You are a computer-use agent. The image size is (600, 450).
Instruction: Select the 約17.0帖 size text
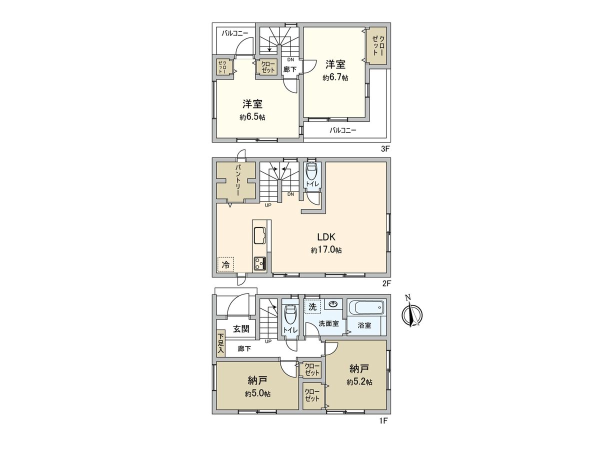[x=326, y=250]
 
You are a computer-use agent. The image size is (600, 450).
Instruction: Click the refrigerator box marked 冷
[x=225, y=264]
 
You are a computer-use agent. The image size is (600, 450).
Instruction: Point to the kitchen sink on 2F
[x=260, y=234]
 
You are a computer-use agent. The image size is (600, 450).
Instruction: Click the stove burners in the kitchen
[x=260, y=263]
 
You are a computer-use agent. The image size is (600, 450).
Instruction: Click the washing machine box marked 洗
[x=312, y=306]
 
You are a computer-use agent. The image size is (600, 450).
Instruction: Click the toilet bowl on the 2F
[x=310, y=172]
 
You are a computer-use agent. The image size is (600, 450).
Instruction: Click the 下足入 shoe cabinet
[x=220, y=344]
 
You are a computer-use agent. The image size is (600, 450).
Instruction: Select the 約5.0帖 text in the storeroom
[x=258, y=394]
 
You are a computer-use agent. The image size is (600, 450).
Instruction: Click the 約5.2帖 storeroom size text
[x=359, y=382]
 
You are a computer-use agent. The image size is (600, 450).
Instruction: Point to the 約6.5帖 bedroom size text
[x=252, y=117]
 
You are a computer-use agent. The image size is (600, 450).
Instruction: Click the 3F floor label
[x=384, y=148]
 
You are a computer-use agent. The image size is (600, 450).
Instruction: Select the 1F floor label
[x=382, y=421]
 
